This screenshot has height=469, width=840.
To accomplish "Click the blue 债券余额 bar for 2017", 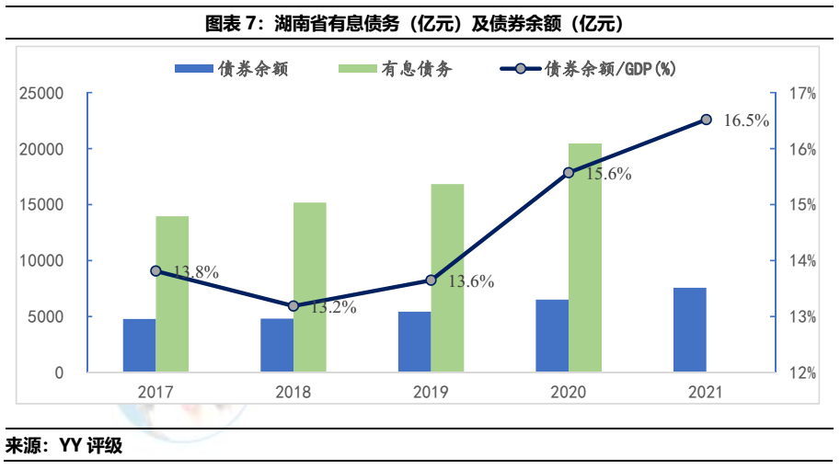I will (x=139, y=346).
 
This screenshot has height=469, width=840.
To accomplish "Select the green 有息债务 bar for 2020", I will (x=585, y=258).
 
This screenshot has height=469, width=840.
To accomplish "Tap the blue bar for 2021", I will (x=690, y=330).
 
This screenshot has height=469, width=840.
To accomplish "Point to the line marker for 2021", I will (x=707, y=119).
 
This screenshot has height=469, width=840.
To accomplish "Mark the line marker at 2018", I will (x=293, y=305).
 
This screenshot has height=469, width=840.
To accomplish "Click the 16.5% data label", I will (x=745, y=120).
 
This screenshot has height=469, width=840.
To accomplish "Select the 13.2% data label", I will (x=333, y=308).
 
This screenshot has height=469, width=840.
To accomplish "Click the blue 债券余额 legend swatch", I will (x=192, y=69).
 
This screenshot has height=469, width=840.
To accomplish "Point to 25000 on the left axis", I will (x=42, y=93).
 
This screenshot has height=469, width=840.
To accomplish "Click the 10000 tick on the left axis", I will (x=42, y=261).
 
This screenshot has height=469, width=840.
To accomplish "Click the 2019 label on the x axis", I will (x=431, y=393).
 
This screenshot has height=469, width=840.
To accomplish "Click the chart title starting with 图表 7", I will (x=420, y=23).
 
